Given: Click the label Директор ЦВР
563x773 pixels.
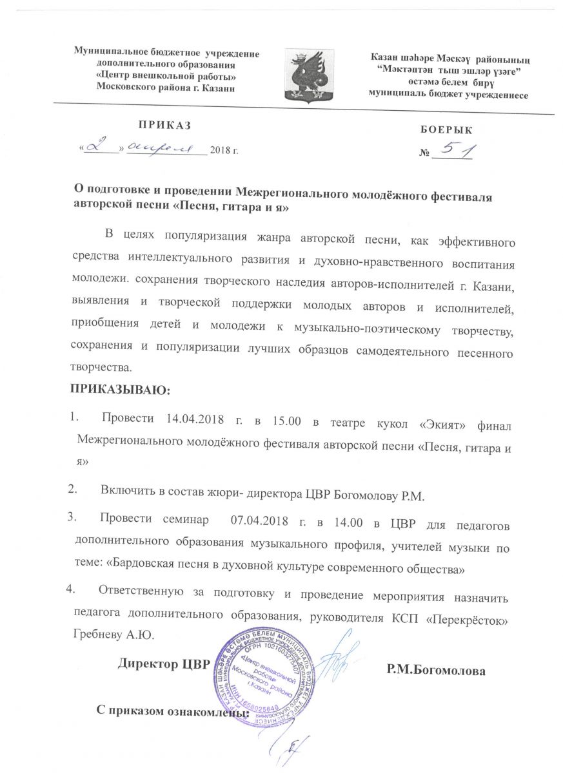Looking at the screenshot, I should click(x=164, y=664).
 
